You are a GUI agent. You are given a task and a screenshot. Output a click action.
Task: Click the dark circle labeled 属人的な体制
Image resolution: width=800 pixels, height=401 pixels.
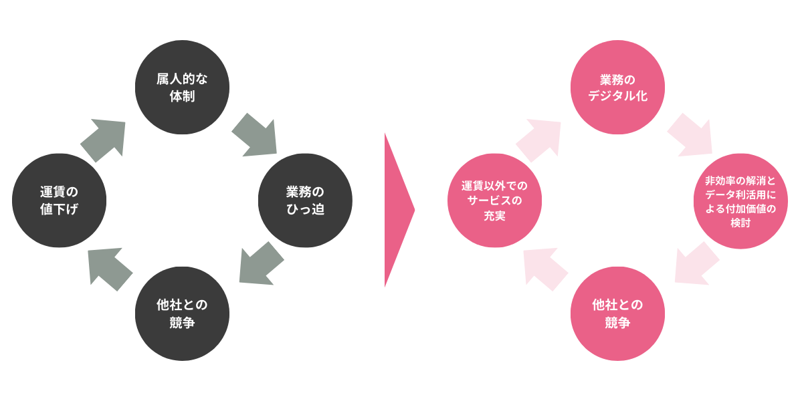(x=182, y=87)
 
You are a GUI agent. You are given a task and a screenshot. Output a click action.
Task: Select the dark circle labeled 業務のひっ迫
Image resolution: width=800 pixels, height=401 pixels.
(x=305, y=200)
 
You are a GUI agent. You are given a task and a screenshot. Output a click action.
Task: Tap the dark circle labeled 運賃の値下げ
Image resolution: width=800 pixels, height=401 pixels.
(x=59, y=200)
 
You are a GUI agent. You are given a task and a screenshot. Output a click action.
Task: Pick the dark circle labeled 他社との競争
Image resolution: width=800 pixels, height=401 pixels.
(x=182, y=313)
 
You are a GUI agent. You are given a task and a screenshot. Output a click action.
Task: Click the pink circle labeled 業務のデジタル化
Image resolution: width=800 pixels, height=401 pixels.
(x=617, y=87)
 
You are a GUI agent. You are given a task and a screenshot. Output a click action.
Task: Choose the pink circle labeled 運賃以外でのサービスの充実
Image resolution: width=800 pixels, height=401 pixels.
(x=494, y=200)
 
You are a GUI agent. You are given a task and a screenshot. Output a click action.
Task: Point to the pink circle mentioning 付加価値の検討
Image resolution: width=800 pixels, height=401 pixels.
(x=740, y=200)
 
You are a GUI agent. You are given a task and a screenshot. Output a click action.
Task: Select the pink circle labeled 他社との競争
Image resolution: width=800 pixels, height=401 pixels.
(x=617, y=313)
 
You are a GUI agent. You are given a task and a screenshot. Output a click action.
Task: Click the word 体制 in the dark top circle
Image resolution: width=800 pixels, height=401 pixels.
(x=182, y=96)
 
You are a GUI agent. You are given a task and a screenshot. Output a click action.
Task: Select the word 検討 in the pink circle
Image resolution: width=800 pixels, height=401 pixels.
(x=740, y=223)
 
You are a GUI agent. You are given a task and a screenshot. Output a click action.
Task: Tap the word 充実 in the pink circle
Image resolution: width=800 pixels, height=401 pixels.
(x=494, y=216)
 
